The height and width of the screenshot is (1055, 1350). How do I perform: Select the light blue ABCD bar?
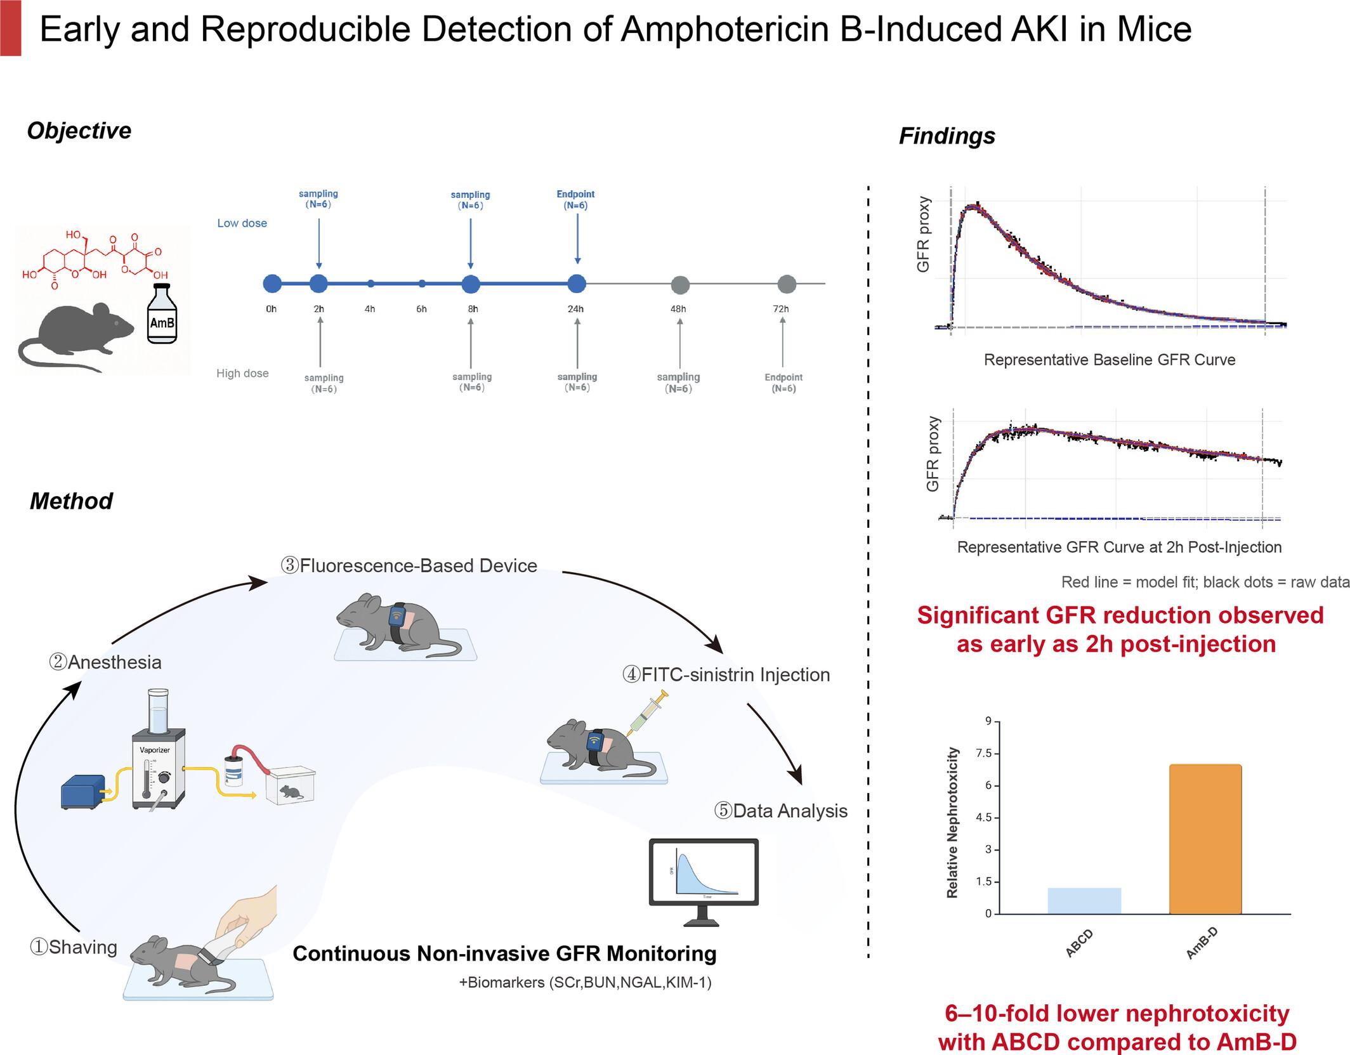pyautogui.click(x=1084, y=900)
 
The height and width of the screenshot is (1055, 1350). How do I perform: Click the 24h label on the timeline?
pyautogui.click(x=575, y=309)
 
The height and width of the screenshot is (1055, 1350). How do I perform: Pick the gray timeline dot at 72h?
pyautogui.click(x=787, y=284)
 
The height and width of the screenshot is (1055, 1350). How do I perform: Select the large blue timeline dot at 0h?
pyautogui.click(x=272, y=284)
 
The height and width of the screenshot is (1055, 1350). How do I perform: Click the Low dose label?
pyautogui.click(x=242, y=223)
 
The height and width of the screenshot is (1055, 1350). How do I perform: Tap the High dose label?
pyautogui.click(x=242, y=374)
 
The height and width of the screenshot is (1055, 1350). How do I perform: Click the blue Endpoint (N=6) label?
pyautogui.click(x=575, y=199)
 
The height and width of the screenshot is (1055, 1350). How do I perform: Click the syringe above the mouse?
pyautogui.click(x=648, y=714)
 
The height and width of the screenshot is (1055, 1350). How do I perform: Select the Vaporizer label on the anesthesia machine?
pyautogui.click(x=155, y=750)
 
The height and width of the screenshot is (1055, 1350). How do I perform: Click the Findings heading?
pyautogui.click(x=947, y=136)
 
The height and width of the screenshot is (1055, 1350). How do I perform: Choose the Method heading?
pyautogui.click(x=71, y=501)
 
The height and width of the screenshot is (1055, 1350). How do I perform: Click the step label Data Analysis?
pyautogui.click(x=781, y=811)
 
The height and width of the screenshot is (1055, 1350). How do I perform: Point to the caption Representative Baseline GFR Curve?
pyautogui.click(x=1109, y=360)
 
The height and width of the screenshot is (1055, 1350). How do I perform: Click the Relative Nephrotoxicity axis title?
pyautogui.click(x=952, y=822)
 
